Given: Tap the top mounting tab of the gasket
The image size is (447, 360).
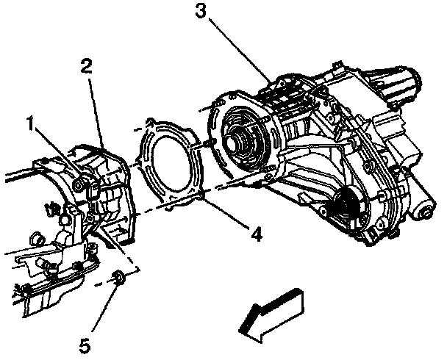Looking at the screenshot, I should [151, 120].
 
